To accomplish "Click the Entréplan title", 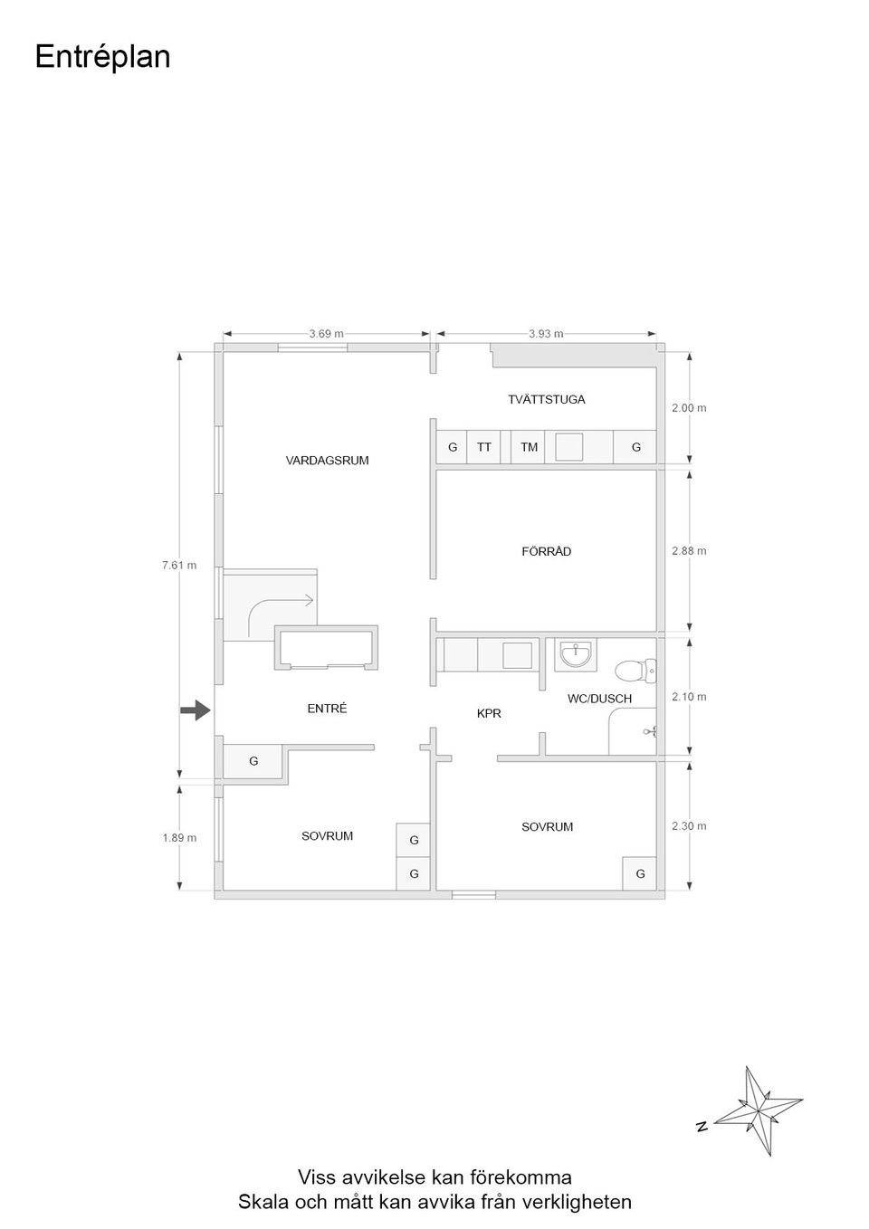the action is pos(102,57).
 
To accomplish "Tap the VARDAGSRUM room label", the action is pos(327,461).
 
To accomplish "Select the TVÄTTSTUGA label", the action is pos(547,399).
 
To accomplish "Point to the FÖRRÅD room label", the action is pos(547,551).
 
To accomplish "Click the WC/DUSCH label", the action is pos(599,699).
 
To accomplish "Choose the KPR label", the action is pos(489,713).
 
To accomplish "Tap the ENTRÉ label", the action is pos(327,709).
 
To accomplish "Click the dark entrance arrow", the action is pos(196,711).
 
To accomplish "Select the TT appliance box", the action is pos(483,447).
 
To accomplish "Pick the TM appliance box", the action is pos(528,447).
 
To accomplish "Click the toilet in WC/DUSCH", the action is pos(635,671).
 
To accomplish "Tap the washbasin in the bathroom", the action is pos(576,654).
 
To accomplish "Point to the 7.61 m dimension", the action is pos(179,565).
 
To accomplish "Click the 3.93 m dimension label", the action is pos(546,334).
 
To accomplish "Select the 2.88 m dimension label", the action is pos(689,551).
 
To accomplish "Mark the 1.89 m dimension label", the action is pos(179,838).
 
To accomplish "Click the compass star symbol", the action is pos(758,1110).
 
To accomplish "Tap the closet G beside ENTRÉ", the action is pos(253,761).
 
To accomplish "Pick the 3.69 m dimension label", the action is pos(326,334).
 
